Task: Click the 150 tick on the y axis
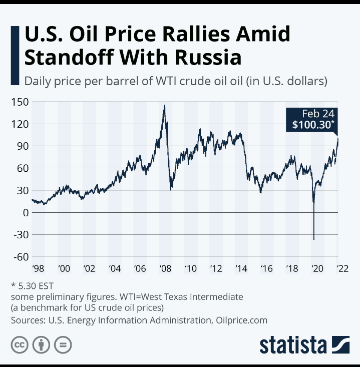pos(20,102)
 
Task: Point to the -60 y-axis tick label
pos(19,257)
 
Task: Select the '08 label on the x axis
pos(165,269)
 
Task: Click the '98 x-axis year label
pos(39,269)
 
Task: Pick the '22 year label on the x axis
pos(342,269)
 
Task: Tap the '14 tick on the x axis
pos(241,269)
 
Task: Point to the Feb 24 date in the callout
pos(318,113)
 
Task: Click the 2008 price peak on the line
pos(164,106)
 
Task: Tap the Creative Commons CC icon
pos(19,345)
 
